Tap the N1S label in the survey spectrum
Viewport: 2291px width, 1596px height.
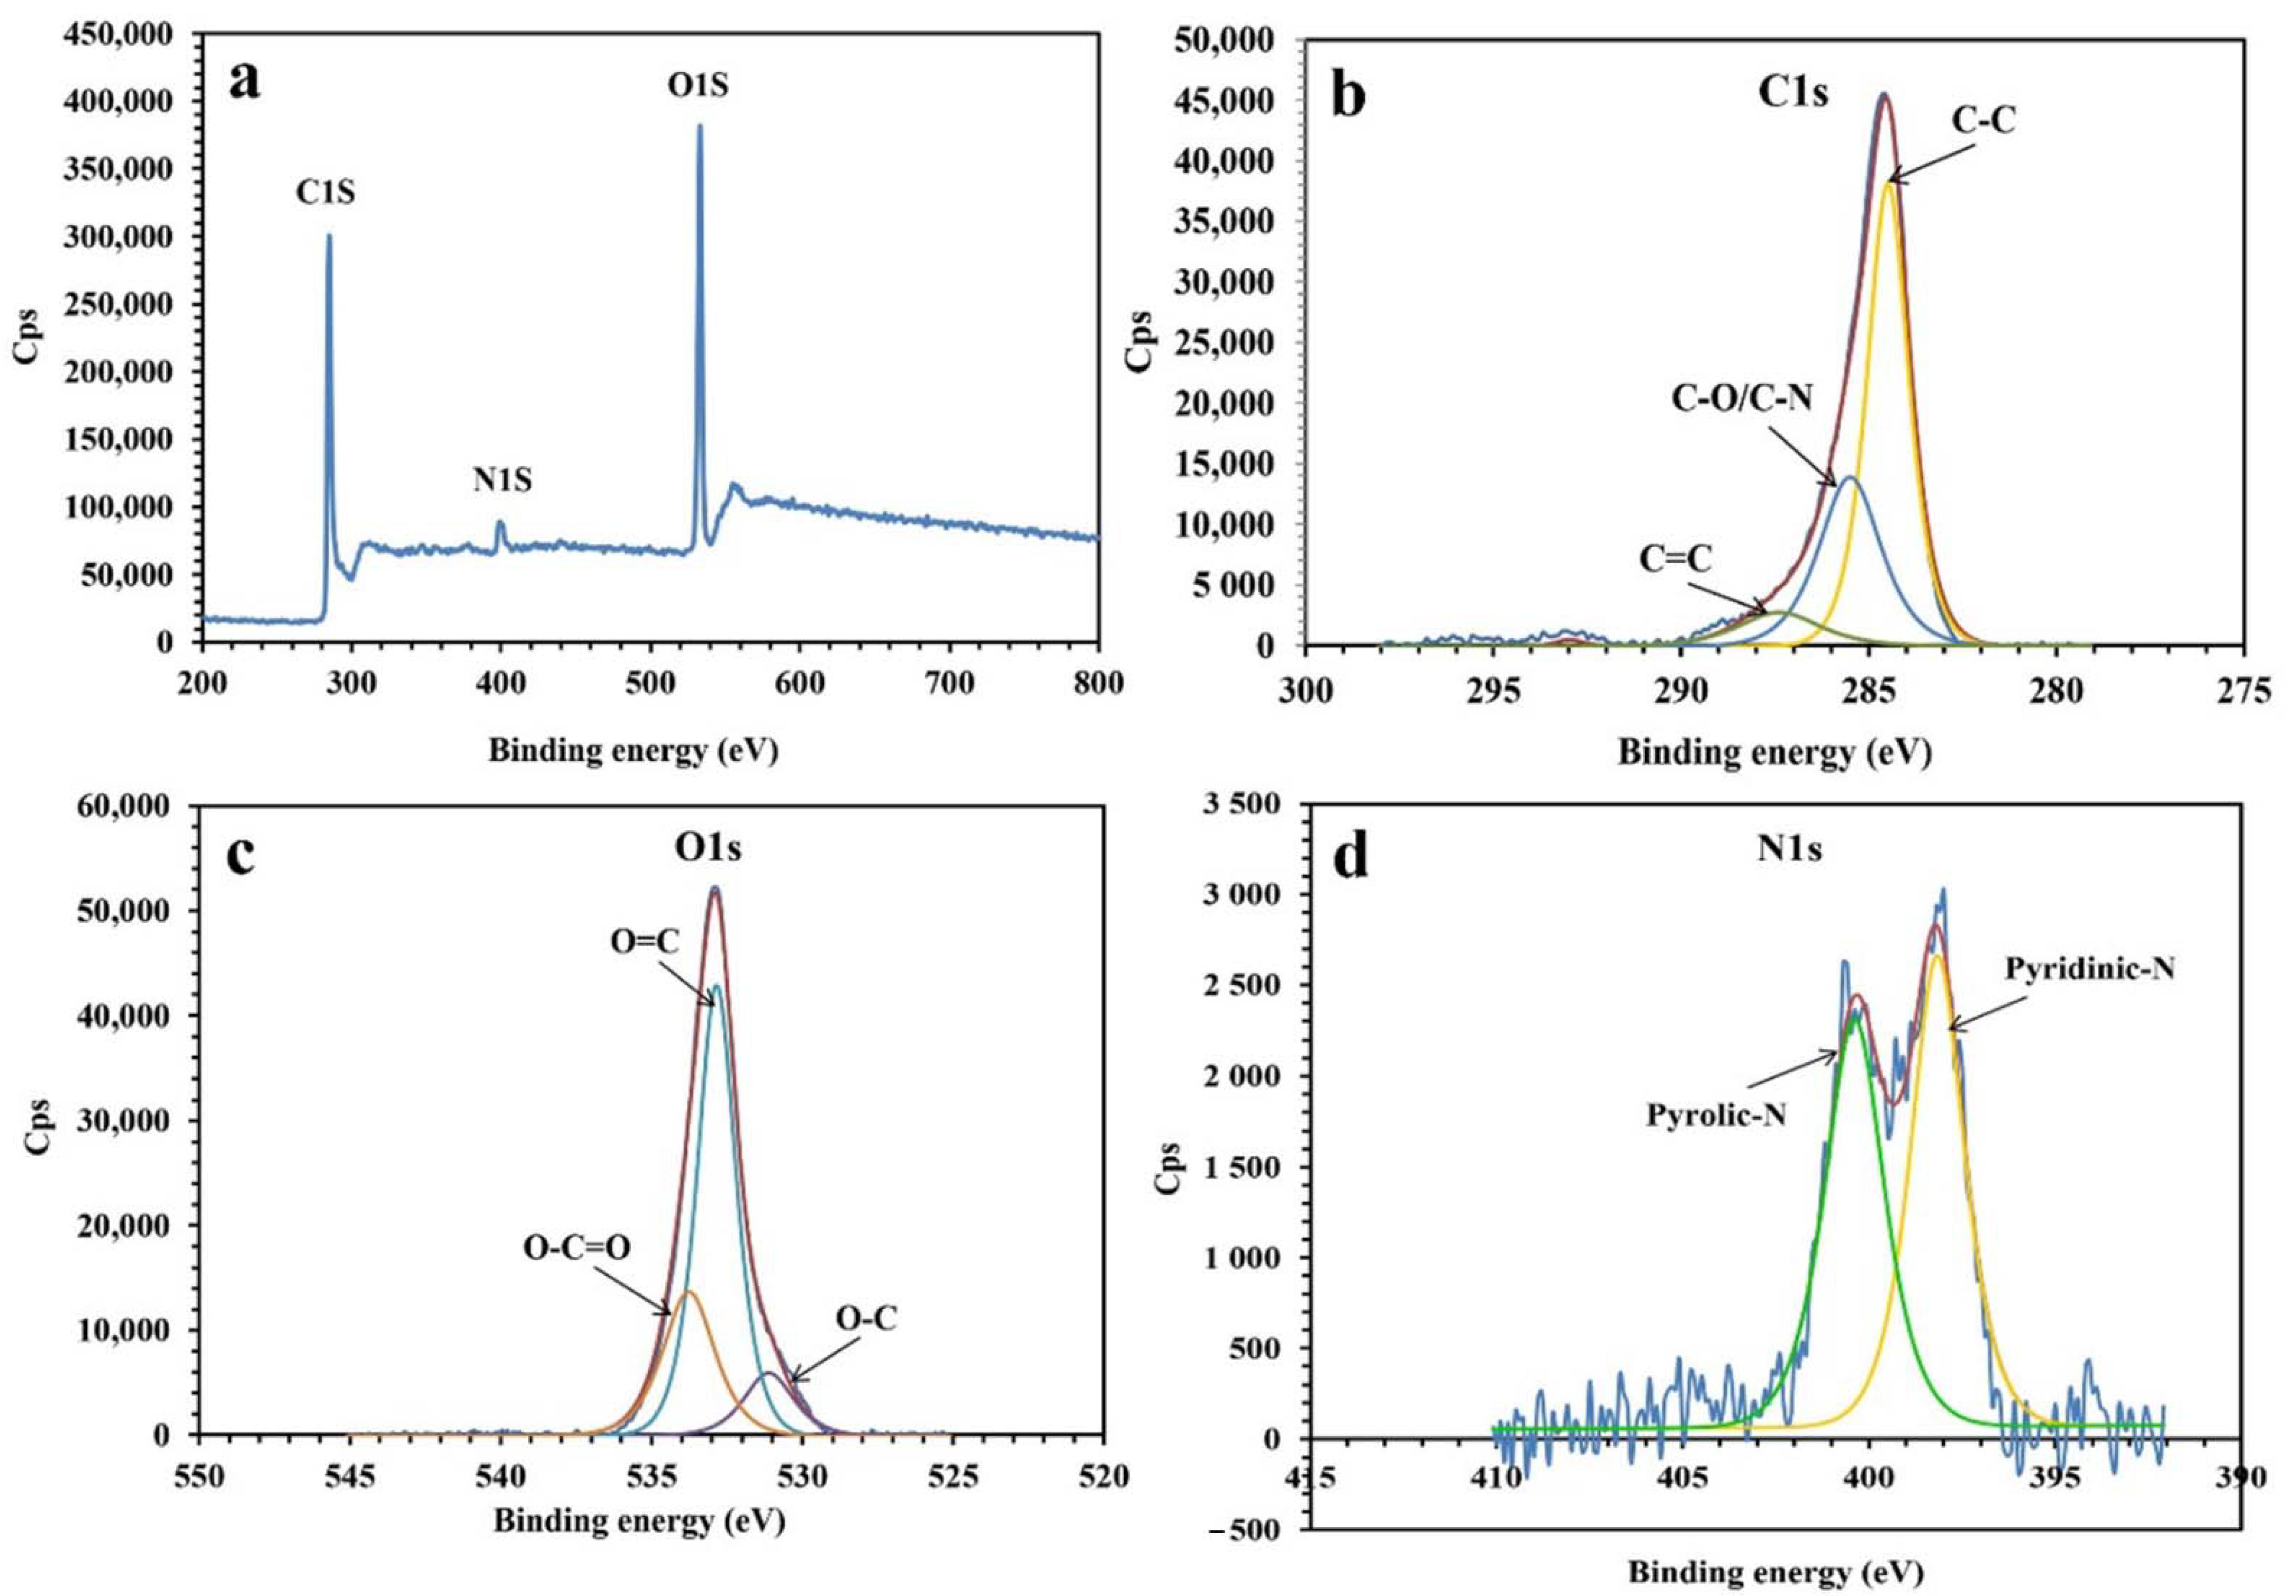pyautogui.click(x=502, y=481)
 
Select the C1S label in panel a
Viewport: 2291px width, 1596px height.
pyautogui.click(x=325, y=192)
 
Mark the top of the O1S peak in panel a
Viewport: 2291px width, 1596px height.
pyautogui.click(x=700, y=126)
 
